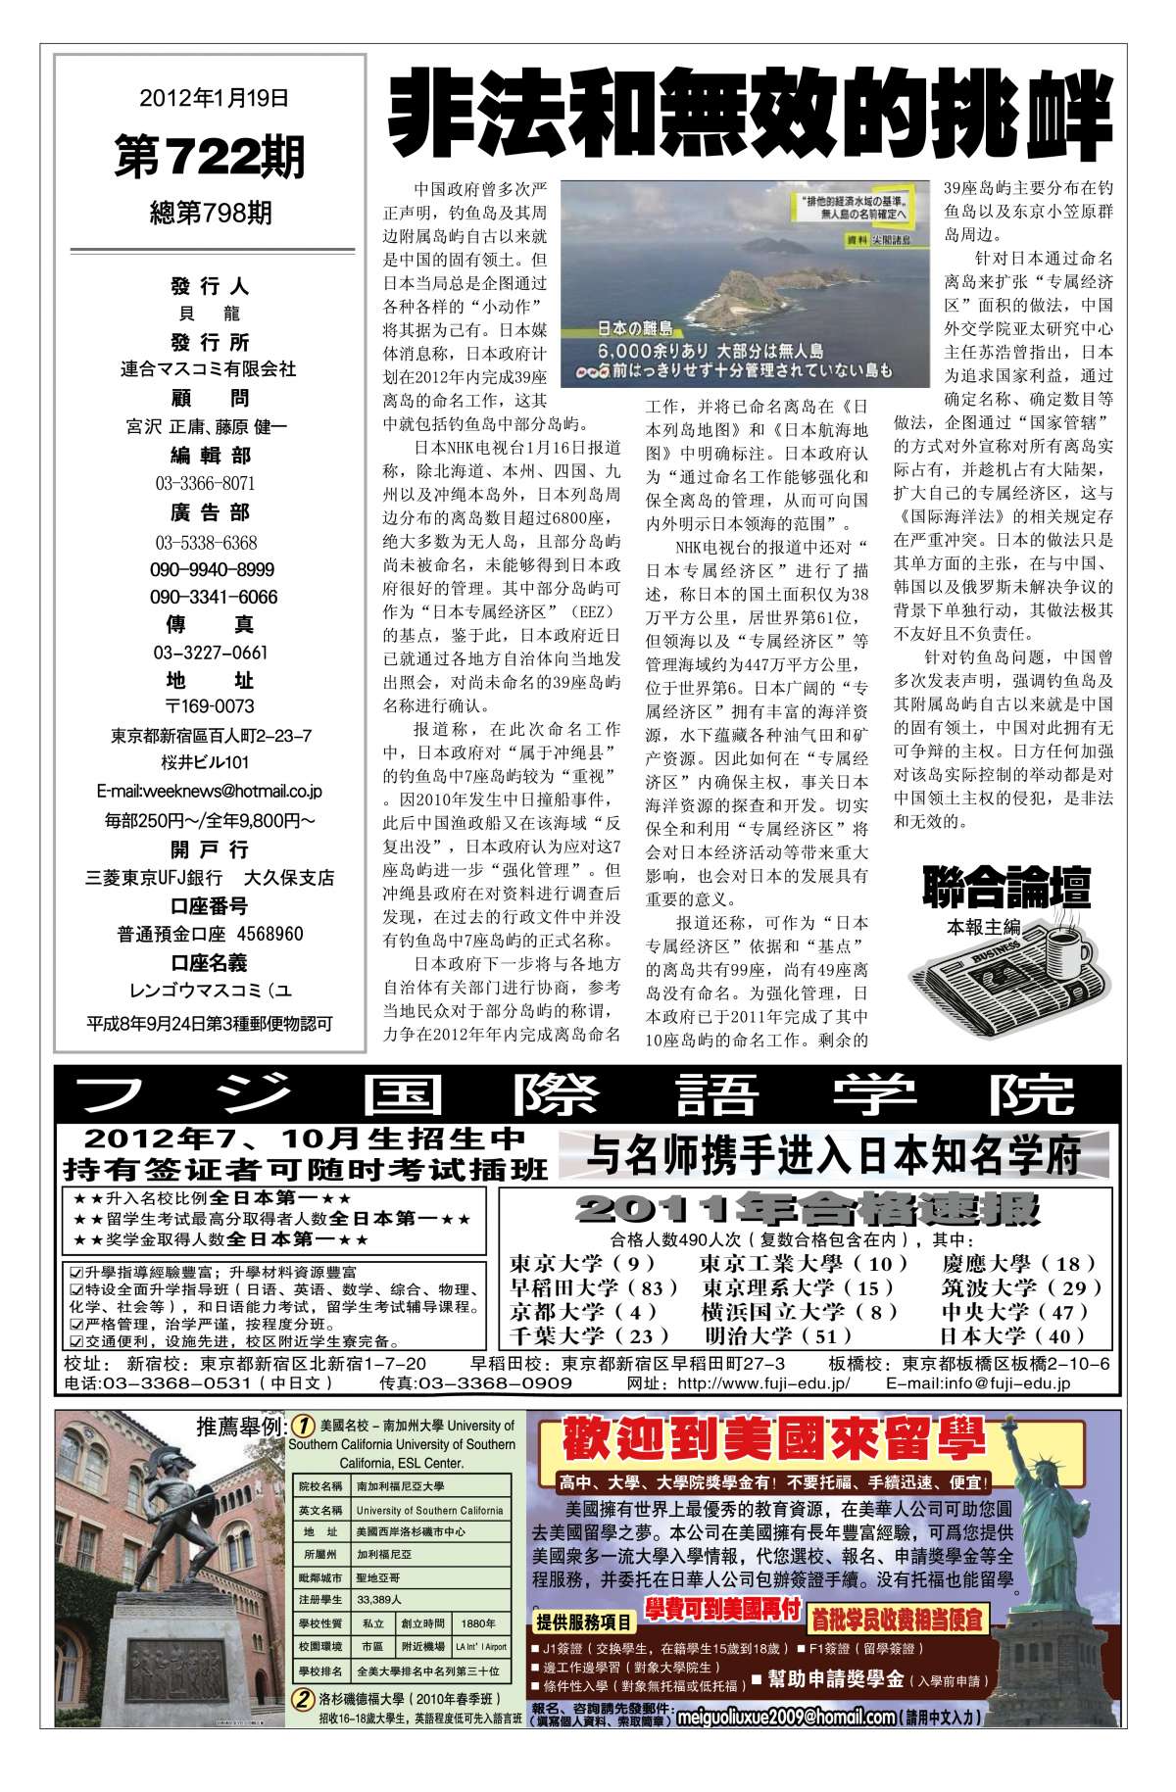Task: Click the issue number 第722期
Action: [210, 158]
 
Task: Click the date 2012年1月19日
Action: [214, 98]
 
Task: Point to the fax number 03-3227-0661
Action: [210, 653]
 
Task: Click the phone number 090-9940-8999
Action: [213, 570]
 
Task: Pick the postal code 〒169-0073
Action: [210, 706]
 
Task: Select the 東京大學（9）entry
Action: [582, 1265]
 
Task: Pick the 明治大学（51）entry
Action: [779, 1335]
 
